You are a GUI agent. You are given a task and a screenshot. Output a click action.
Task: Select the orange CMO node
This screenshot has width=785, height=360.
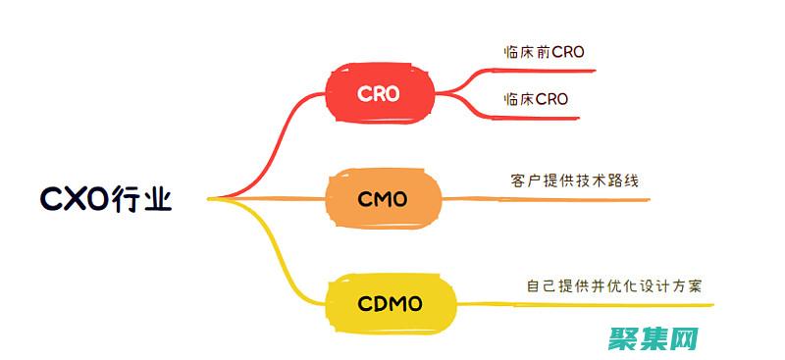tap(383, 200)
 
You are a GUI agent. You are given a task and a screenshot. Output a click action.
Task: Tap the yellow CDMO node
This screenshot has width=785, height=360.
tap(391, 304)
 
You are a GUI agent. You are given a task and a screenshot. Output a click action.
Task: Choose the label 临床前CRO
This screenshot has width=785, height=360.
tap(543, 52)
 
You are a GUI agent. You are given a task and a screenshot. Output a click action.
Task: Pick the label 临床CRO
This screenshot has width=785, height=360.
tap(535, 99)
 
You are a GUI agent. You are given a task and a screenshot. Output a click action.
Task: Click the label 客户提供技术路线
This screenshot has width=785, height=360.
tap(567, 181)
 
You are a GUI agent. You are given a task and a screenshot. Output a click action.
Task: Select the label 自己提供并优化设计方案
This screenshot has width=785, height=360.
tap(614, 285)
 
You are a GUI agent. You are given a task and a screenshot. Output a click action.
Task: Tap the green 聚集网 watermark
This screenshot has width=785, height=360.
tap(652, 339)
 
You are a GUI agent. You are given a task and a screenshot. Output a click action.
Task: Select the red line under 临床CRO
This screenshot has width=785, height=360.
tap(540, 117)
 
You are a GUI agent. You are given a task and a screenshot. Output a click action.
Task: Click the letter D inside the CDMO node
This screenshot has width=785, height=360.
tap(379, 304)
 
